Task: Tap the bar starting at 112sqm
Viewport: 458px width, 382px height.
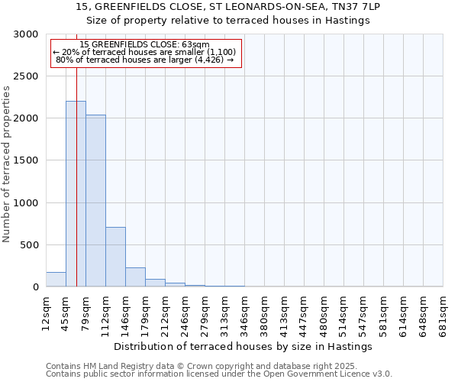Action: coord(115,257)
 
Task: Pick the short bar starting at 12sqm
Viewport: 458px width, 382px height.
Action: coord(56,280)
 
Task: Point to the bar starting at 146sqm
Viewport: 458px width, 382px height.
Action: coord(135,277)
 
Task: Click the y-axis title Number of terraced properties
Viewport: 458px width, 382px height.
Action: coord(7,164)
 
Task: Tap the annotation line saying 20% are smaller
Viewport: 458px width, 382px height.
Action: coord(144,52)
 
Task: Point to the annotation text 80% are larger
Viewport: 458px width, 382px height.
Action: coord(144,59)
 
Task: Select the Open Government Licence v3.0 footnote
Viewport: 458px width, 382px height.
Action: coord(219,374)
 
